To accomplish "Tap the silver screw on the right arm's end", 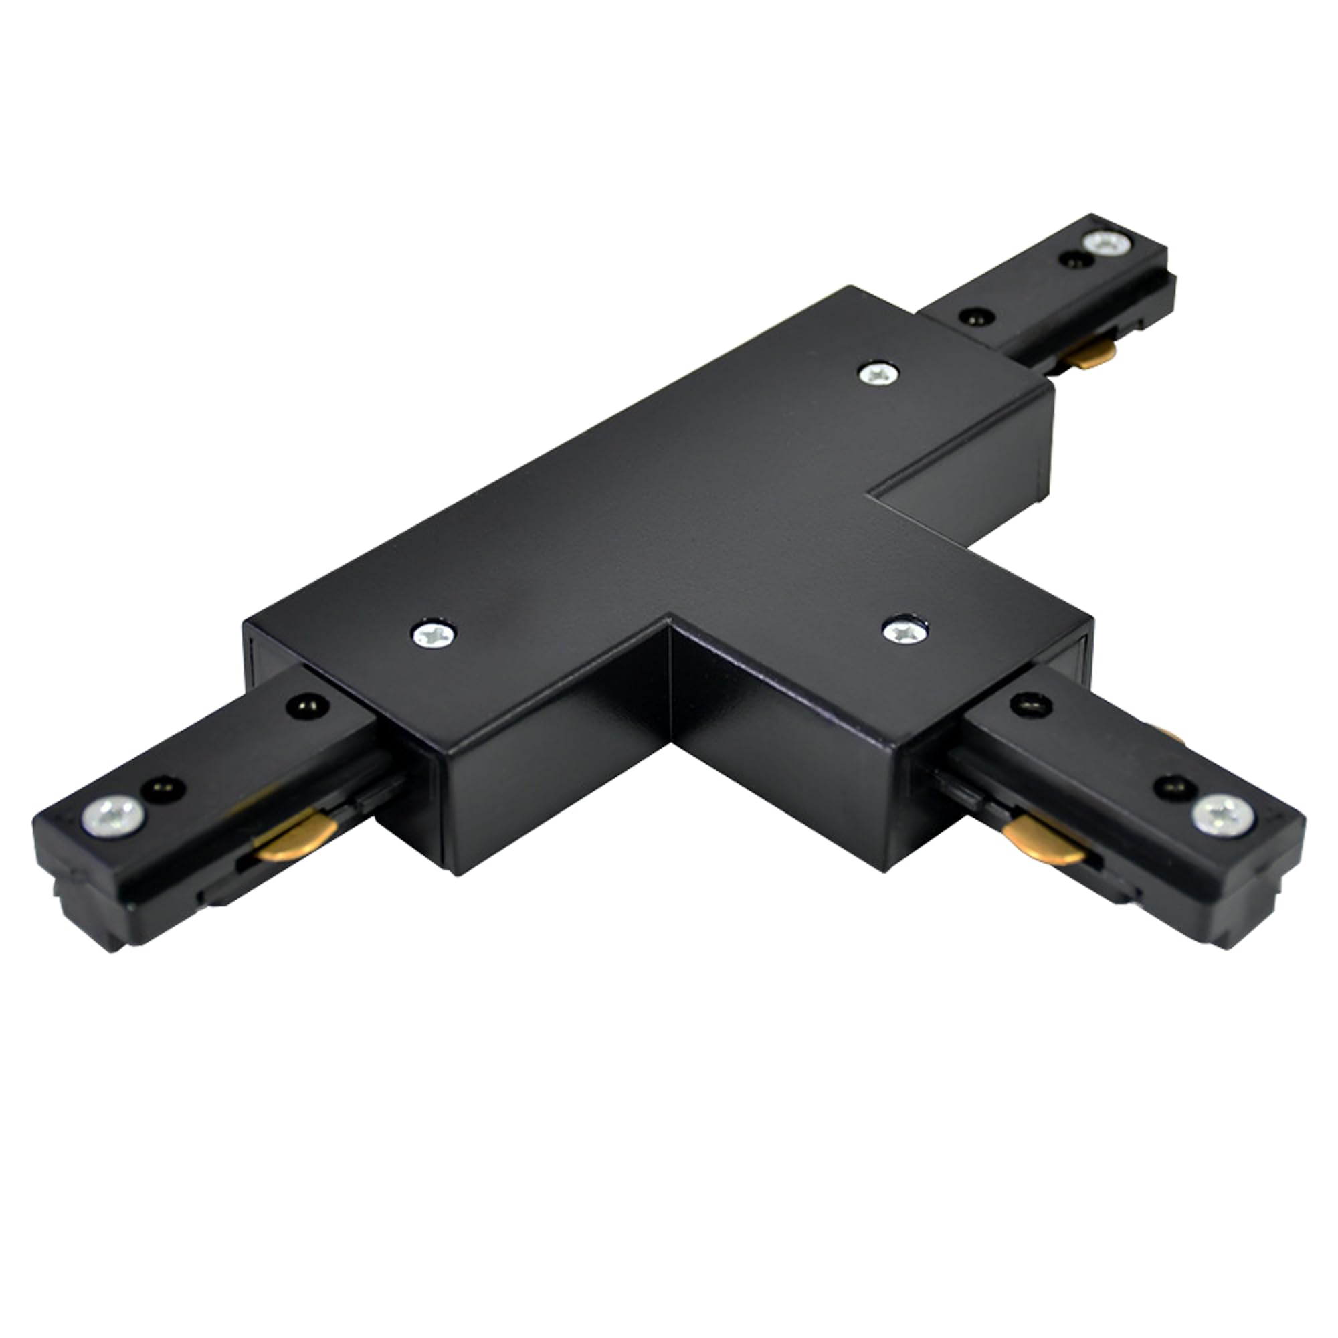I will (x=1222, y=815).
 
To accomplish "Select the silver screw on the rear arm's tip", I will (x=1106, y=243).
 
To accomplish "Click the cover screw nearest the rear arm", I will (x=878, y=375).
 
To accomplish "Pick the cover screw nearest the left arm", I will (x=434, y=634).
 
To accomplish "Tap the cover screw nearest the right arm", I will (x=905, y=630).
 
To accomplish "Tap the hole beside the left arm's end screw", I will (x=163, y=789).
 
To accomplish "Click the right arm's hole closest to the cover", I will (x=1031, y=705).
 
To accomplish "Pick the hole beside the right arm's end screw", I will (x=1175, y=787).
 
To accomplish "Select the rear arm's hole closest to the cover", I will (x=977, y=317).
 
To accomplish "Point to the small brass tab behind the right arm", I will (x=1170, y=734).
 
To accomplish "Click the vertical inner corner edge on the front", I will (x=670, y=682).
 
